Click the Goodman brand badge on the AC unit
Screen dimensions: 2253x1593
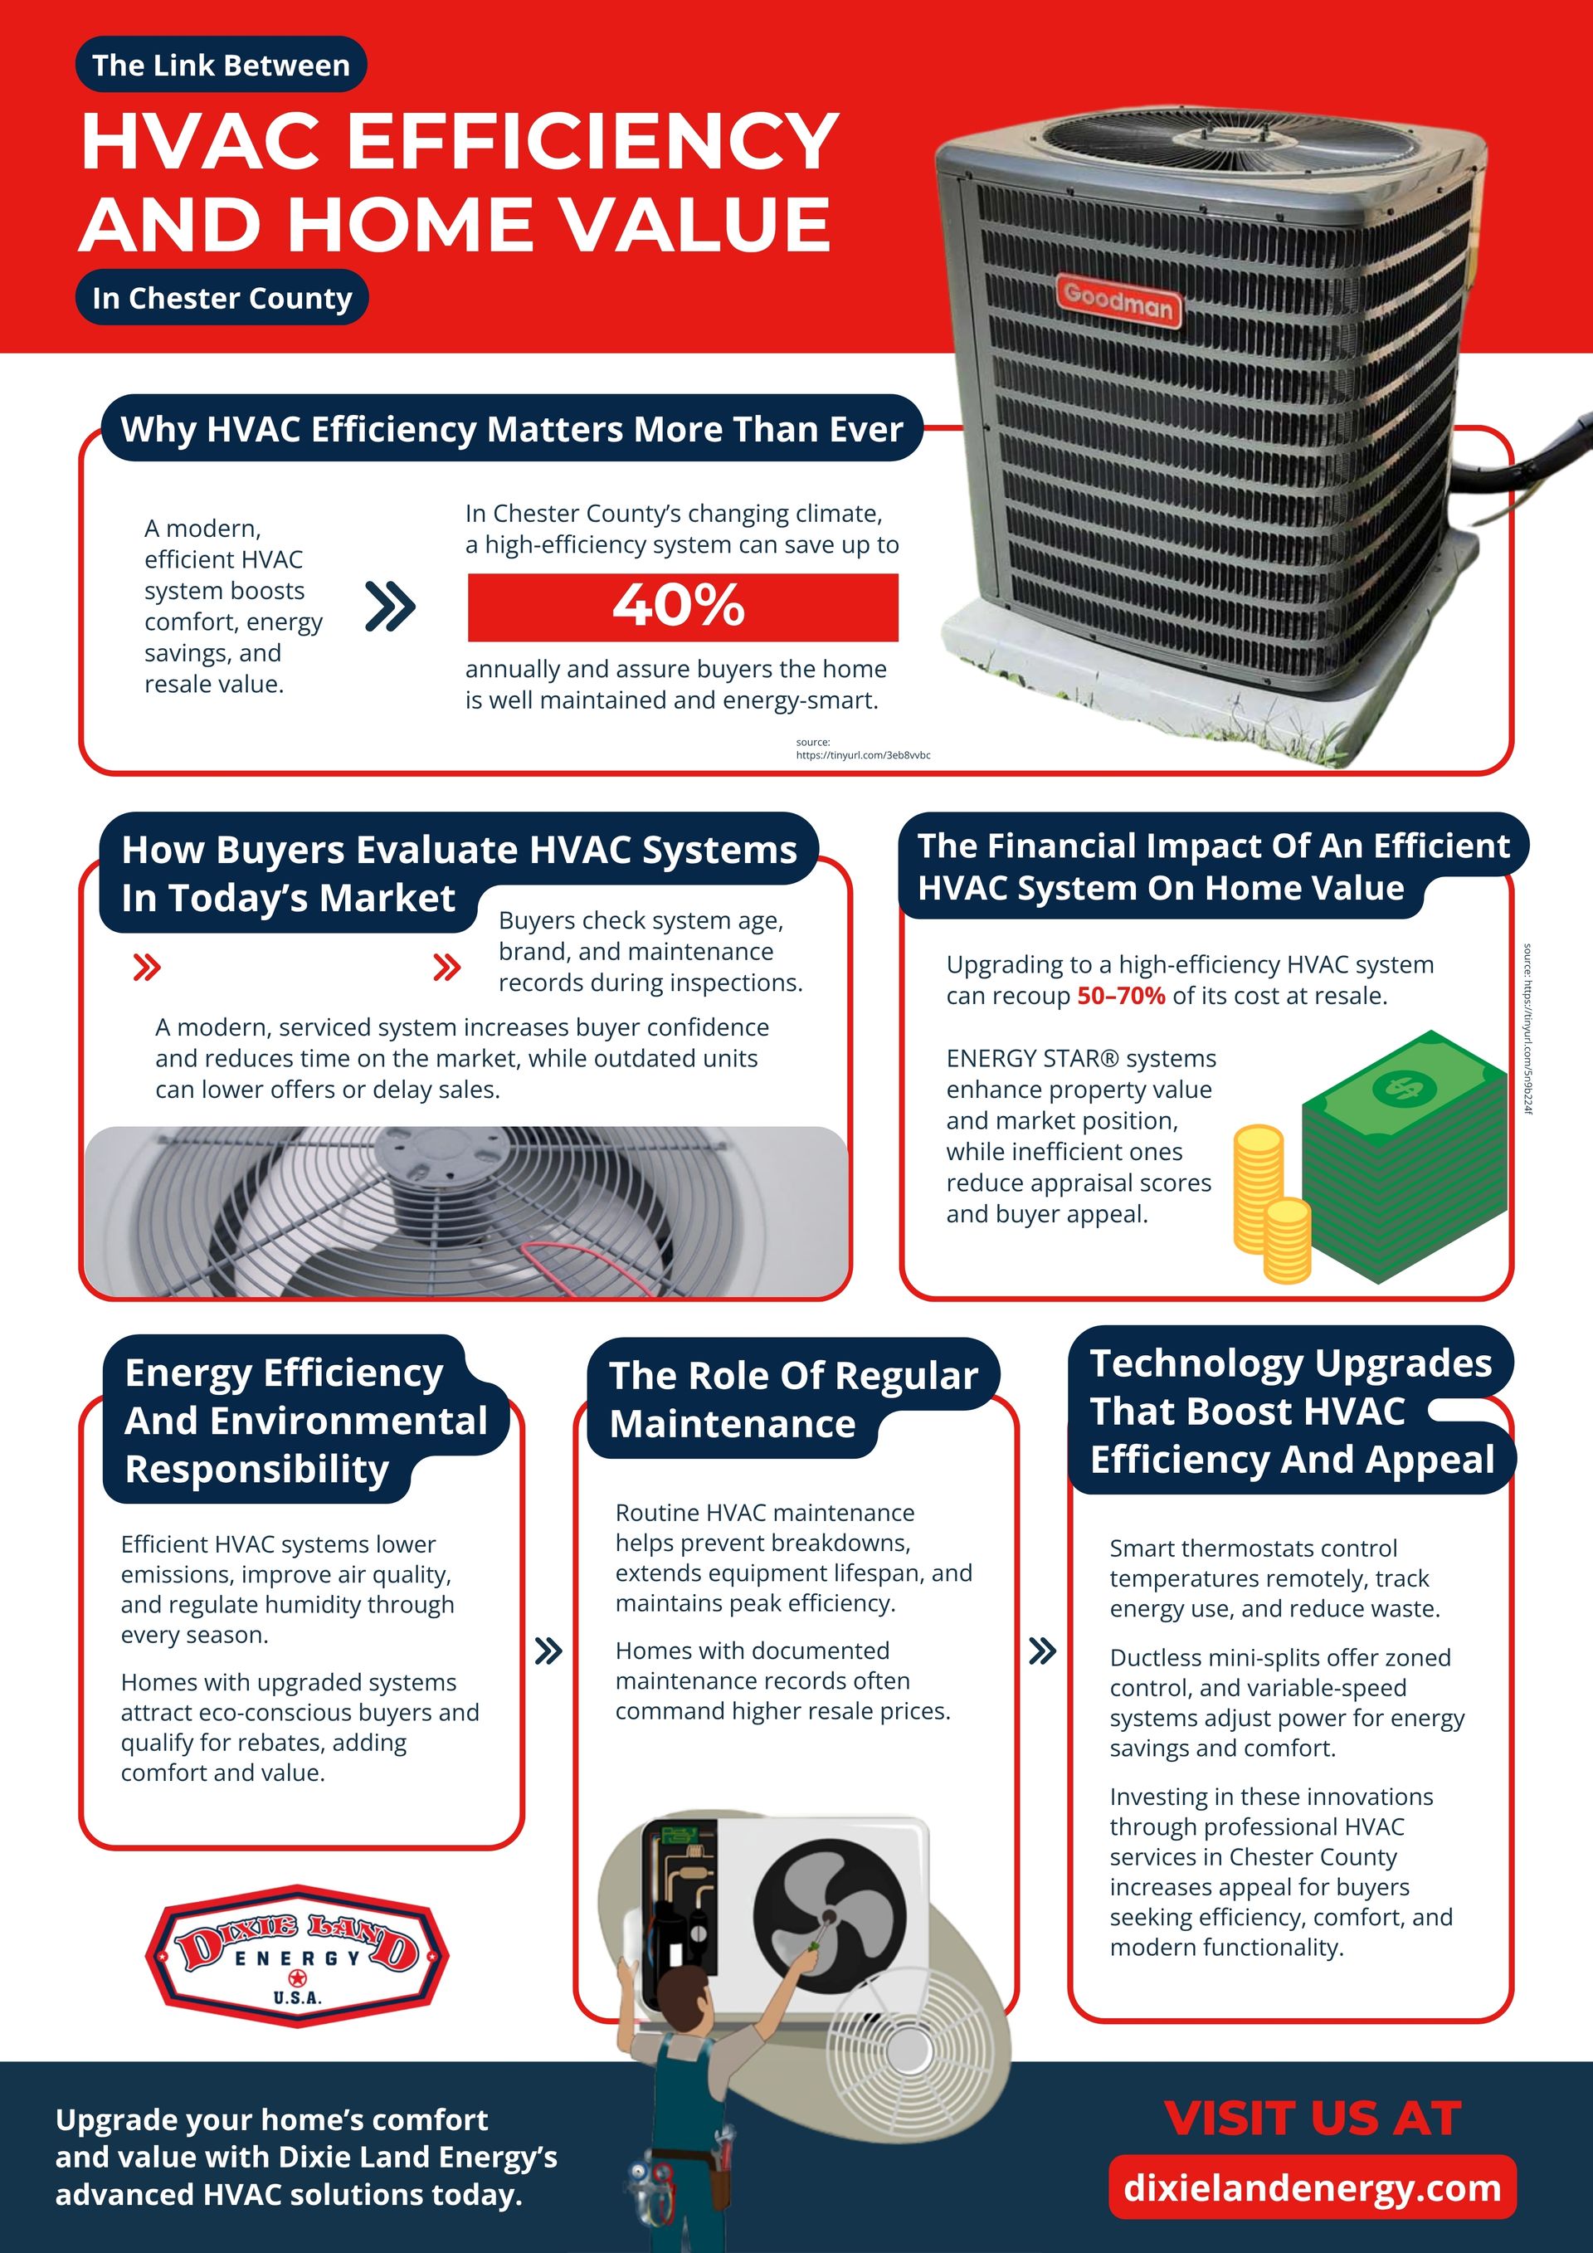(1119, 300)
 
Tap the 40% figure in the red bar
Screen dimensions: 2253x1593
(679, 606)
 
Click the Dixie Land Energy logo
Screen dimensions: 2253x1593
(297, 1955)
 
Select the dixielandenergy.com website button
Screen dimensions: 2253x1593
(1312, 2187)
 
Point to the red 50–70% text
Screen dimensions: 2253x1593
(1120, 996)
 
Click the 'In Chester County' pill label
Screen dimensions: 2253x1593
(222, 297)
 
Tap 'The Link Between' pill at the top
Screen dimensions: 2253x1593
(221, 65)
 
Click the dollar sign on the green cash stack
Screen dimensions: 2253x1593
(1404, 1087)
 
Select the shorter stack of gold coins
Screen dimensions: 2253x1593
(1287, 1239)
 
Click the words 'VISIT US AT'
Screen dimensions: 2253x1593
(1312, 2119)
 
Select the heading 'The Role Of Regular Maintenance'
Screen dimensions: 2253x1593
(792, 1398)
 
